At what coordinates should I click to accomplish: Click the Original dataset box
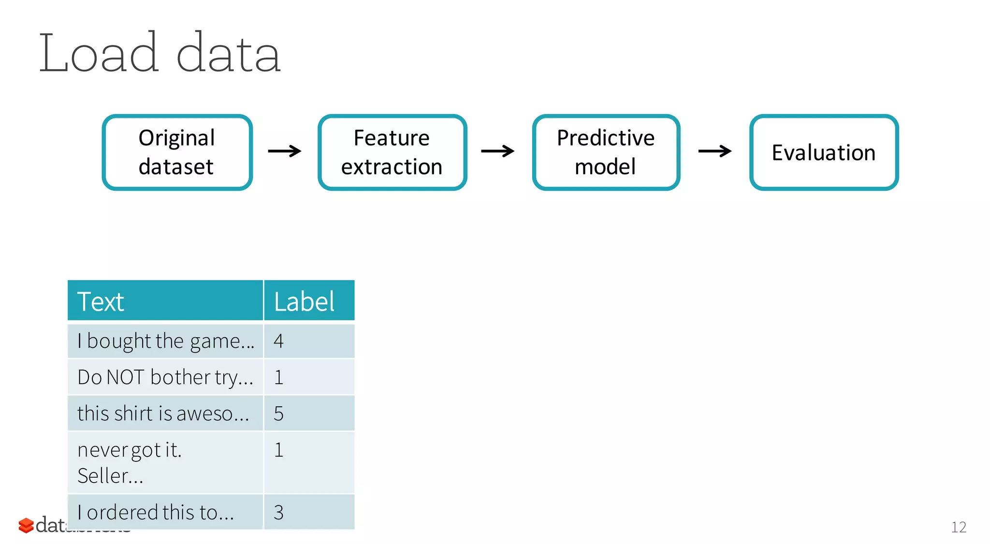(177, 152)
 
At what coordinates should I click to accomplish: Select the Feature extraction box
(392, 152)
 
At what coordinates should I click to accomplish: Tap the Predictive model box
(606, 152)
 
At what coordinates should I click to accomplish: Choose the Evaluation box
(823, 152)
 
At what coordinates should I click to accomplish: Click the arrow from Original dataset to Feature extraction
(285, 151)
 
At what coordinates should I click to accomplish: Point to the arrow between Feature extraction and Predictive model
(497, 151)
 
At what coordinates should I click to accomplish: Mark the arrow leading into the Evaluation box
(714, 151)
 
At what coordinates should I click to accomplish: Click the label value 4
(278, 341)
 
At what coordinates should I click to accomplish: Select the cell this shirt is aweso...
(163, 414)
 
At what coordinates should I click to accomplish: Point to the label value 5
(278, 414)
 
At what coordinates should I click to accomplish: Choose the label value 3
(278, 512)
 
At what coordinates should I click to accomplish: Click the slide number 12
(958, 527)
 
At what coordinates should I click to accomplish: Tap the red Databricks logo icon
(26, 526)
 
